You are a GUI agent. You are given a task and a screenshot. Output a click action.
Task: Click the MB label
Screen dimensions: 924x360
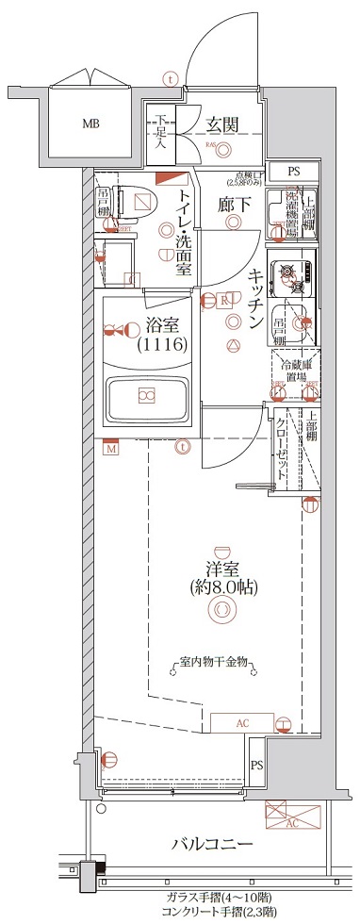[90, 124]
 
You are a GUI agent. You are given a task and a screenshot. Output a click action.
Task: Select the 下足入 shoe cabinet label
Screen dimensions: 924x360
[161, 132]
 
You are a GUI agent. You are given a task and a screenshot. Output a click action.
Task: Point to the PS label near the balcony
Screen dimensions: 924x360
[256, 765]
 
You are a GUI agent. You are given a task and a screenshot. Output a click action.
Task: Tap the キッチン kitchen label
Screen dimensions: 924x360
[255, 300]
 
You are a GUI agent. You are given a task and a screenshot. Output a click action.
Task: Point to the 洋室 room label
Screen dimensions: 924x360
[221, 569]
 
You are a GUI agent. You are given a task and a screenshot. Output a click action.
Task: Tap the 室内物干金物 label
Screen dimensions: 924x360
[215, 663]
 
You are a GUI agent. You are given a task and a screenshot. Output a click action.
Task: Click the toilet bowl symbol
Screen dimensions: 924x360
[141, 200]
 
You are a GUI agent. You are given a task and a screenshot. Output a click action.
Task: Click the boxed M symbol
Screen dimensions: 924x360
[111, 449]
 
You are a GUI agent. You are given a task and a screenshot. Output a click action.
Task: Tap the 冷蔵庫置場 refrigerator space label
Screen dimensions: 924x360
[293, 369]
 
